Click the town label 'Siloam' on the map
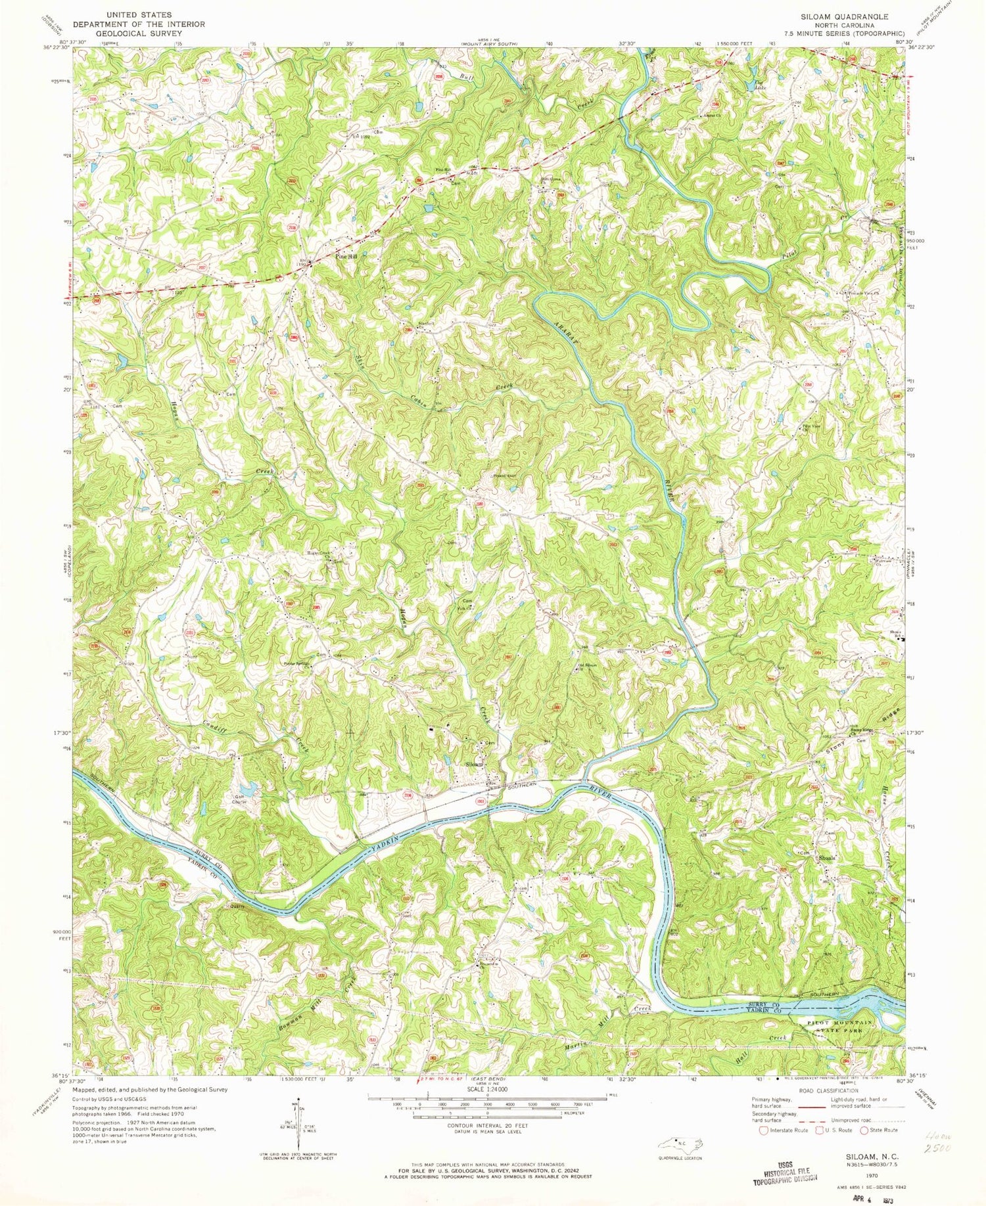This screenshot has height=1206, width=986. [x=474, y=765]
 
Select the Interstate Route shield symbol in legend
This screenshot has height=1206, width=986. [x=763, y=1130]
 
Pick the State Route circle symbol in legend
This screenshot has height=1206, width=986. [x=864, y=1130]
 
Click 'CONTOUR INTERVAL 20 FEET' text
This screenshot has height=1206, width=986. [x=487, y=1125]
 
